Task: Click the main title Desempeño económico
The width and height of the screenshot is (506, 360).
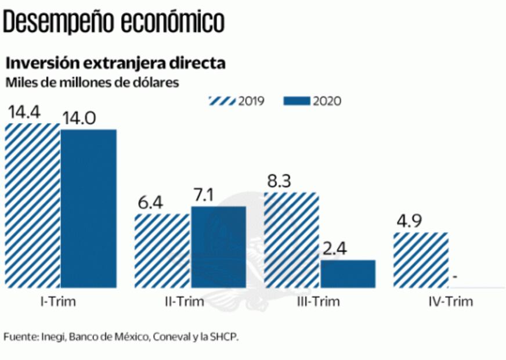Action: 114,23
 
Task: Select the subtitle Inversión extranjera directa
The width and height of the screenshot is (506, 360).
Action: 115,63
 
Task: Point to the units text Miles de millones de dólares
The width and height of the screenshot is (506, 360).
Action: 92,82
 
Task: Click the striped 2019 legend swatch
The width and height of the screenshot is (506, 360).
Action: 221,101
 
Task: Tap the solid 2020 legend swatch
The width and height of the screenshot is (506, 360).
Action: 297,101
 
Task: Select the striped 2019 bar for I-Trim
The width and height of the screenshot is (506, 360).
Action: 32,206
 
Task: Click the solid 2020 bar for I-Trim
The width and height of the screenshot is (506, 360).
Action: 88,208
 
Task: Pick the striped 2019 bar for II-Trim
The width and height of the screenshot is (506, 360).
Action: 162,250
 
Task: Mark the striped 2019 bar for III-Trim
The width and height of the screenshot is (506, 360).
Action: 291,240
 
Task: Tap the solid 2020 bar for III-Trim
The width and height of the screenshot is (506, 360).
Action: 348,273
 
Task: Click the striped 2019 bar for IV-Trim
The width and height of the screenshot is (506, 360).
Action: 421,260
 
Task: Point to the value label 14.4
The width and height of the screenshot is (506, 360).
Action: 24,113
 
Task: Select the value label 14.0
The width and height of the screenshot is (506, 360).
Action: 79,118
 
